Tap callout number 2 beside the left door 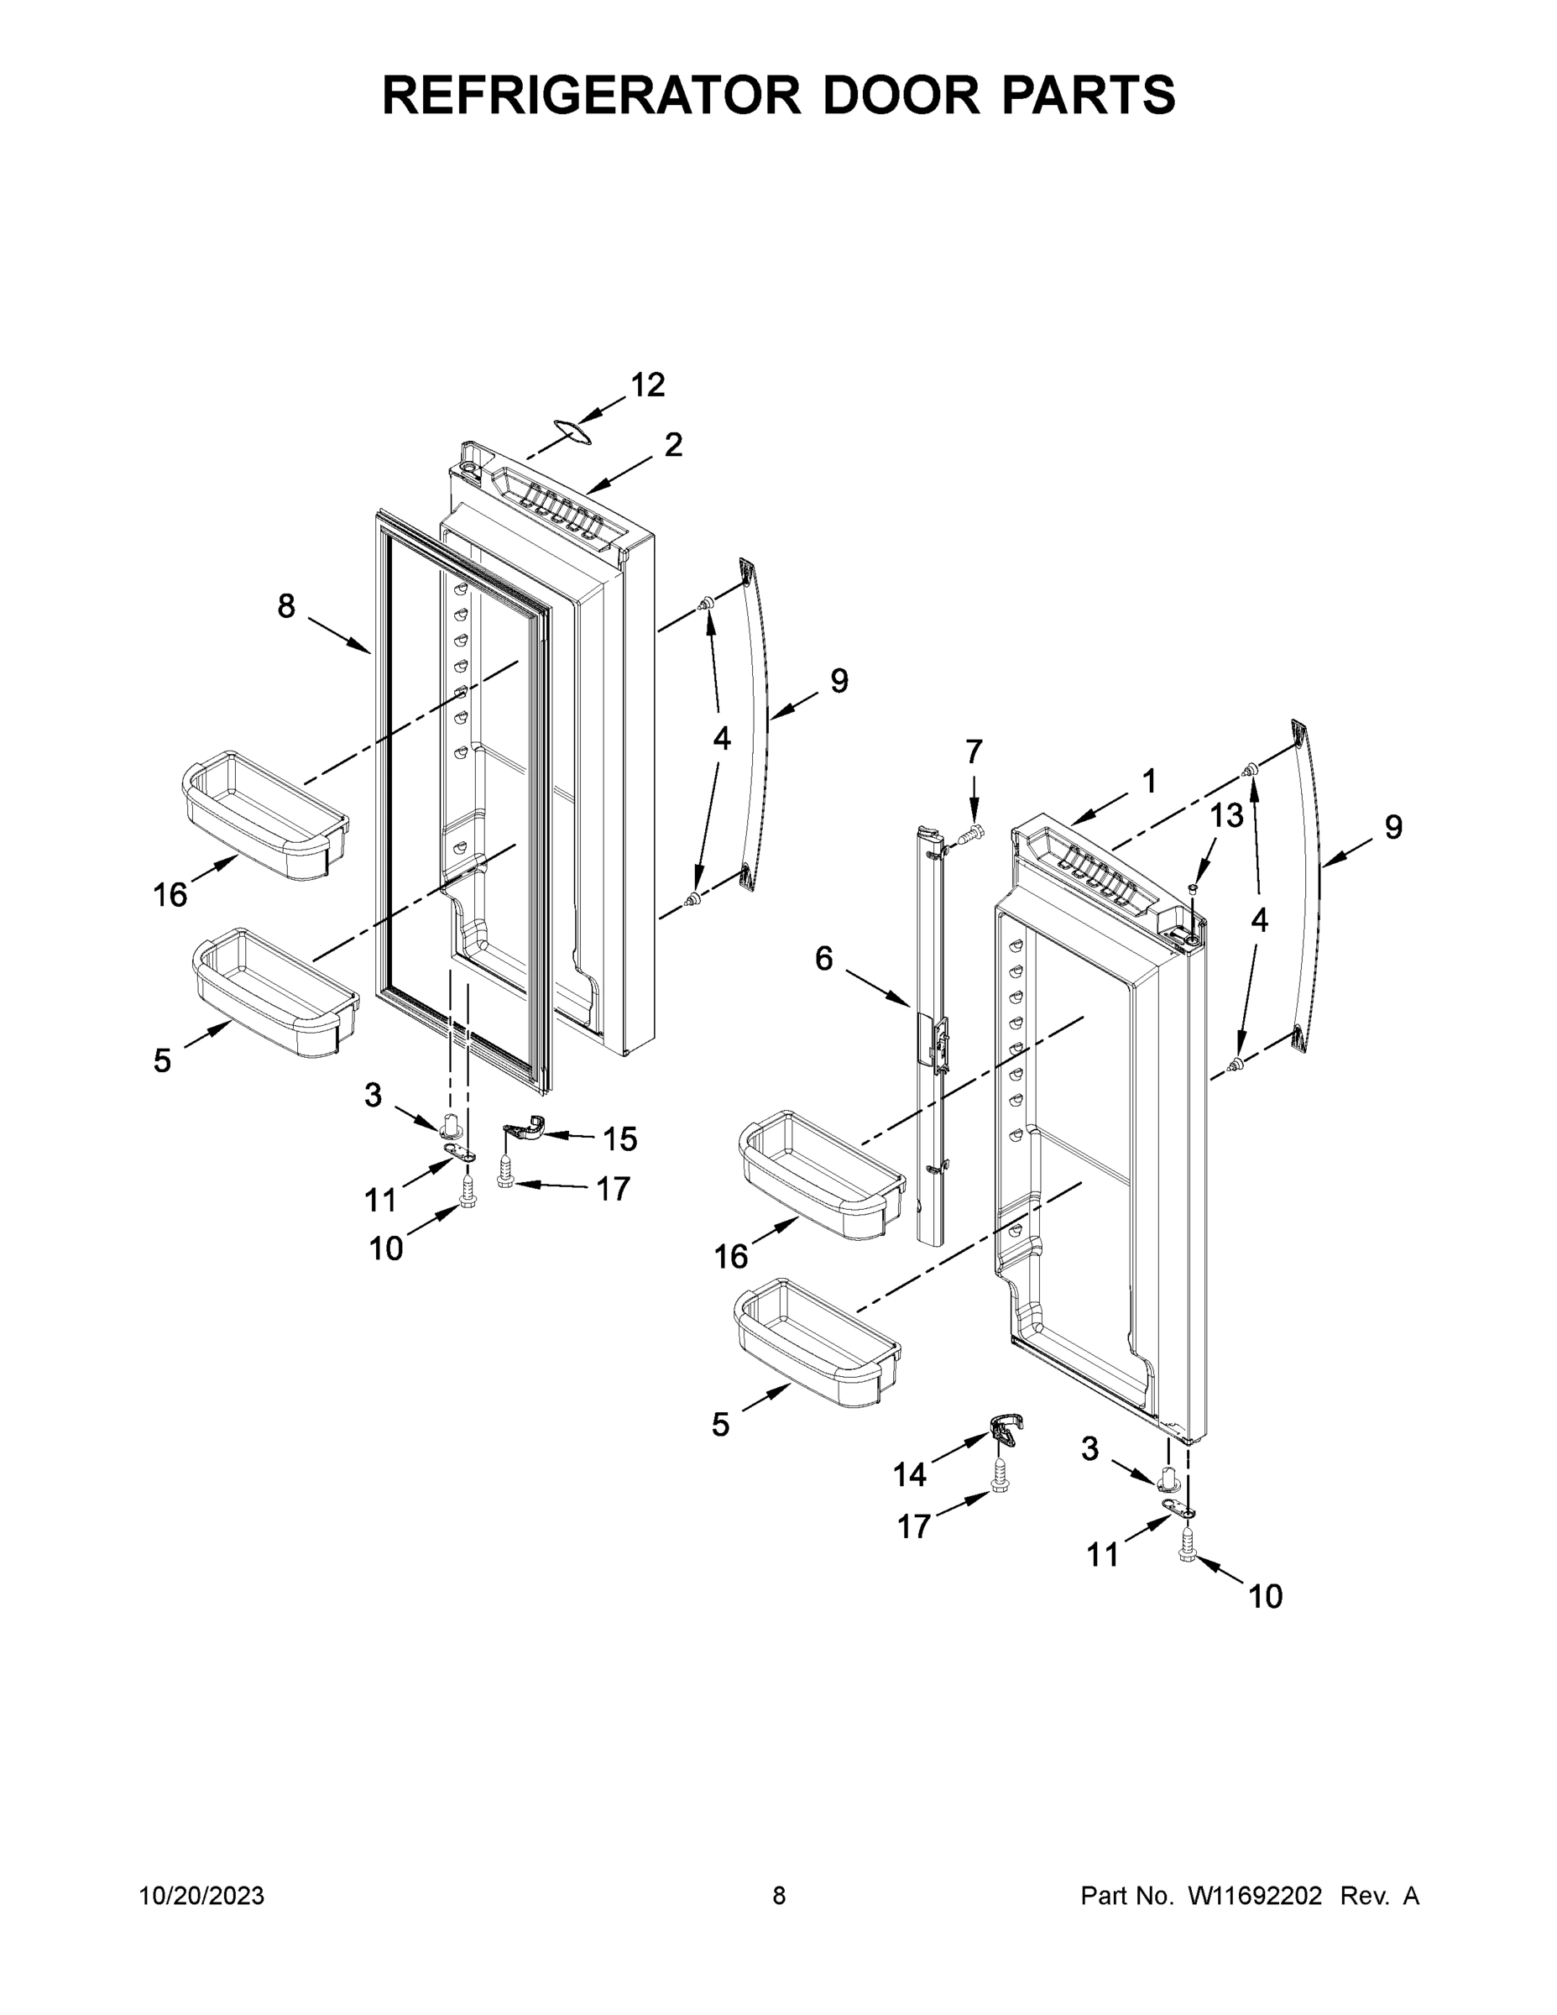click(673, 445)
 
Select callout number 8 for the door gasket click(286, 606)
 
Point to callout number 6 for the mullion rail click(823, 959)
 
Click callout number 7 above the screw click(974, 752)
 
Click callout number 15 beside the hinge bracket click(619, 1139)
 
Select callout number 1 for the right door click(1148, 782)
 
